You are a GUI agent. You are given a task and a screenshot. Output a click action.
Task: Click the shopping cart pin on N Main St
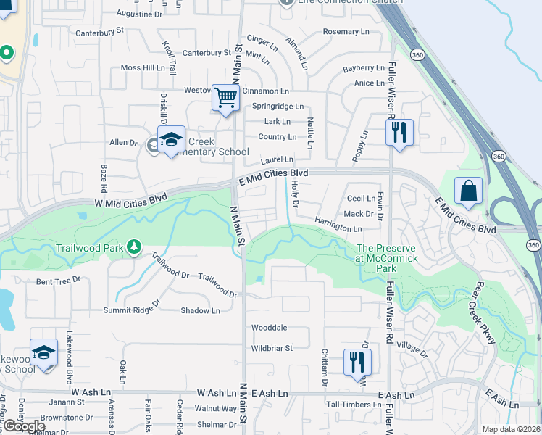[x=226, y=98]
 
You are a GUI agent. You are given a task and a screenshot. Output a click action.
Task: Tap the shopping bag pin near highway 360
[x=469, y=191]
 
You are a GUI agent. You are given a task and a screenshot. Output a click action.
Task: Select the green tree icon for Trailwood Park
[x=133, y=248]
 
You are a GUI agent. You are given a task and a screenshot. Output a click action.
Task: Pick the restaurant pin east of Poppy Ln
[x=399, y=133]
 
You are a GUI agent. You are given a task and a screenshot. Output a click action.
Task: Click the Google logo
[x=23, y=426]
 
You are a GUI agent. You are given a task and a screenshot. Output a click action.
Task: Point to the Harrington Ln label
[x=338, y=224]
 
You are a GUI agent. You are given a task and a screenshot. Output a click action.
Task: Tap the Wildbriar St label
[x=272, y=348]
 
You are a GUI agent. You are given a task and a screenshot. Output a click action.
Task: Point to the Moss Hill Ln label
[x=143, y=67]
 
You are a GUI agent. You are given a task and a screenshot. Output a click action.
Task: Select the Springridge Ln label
[x=278, y=107]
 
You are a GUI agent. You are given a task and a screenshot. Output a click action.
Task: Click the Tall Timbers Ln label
[x=354, y=405]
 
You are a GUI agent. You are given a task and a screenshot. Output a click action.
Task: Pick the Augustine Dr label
[x=140, y=14]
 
